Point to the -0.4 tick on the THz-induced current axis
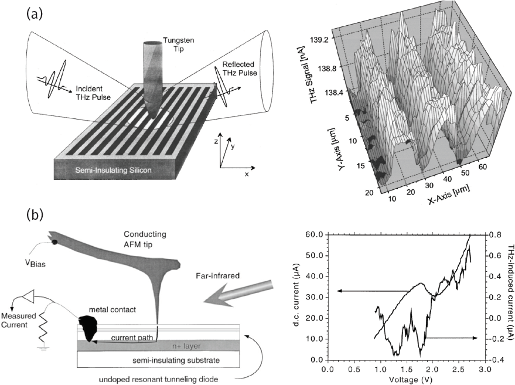point(496,360)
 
